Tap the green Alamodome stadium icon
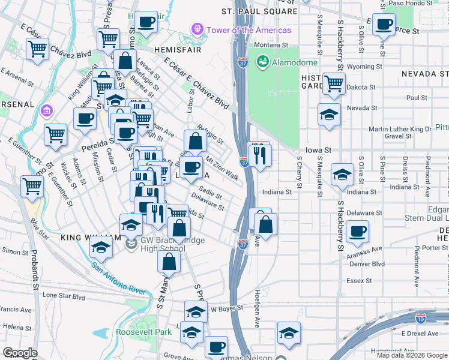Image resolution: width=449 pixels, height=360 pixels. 262,61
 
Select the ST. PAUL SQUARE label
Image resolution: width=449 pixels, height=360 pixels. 259,11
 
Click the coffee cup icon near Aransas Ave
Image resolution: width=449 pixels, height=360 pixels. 357,231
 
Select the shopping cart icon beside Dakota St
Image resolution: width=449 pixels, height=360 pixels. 333,83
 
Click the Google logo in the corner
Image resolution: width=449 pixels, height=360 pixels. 20,352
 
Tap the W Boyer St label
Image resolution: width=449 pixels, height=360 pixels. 227,308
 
